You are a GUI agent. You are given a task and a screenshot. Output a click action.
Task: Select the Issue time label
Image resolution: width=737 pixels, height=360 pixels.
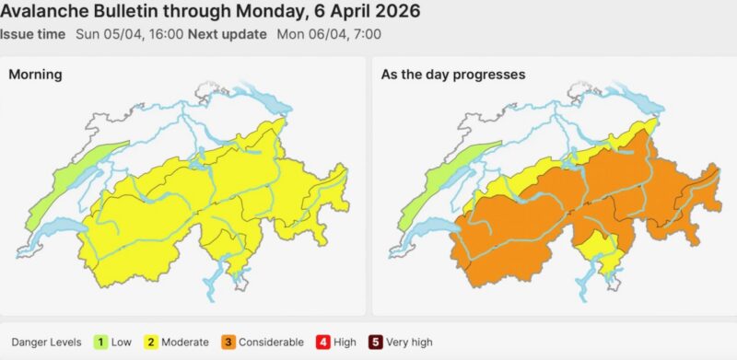[x=33, y=34]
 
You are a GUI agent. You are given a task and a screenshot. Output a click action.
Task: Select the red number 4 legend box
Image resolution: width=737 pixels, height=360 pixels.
[x=322, y=343]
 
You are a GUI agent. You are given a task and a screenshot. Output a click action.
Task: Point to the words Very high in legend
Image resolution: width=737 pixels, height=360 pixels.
[x=411, y=343]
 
